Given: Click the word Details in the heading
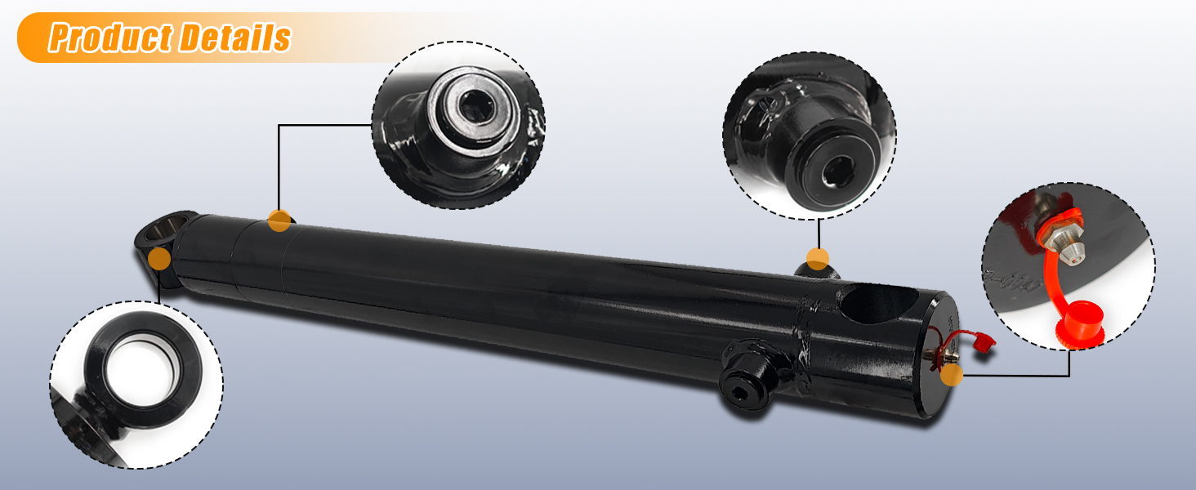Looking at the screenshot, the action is (x=234, y=38).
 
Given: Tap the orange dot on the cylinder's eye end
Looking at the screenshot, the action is (x=159, y=259).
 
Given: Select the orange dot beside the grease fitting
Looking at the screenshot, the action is (x=952, y=375).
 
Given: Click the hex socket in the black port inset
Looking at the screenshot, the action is (x=837, y=172).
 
